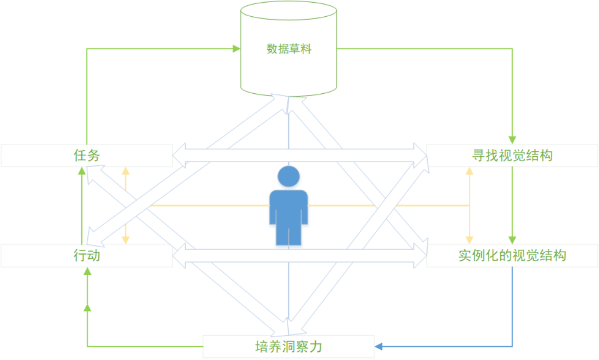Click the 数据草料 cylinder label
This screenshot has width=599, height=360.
click(289, 49)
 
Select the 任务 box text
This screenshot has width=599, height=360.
click(87, 156)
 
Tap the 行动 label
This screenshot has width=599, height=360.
click(87, 255)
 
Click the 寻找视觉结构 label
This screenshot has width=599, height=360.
click(512, 156)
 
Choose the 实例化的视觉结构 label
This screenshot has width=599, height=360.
click(512, 255)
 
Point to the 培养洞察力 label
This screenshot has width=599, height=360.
click(289, 346)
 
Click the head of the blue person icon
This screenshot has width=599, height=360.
click(289, 177)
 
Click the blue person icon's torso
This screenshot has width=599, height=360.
click(289, 209)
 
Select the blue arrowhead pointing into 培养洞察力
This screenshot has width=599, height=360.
click(379, 346)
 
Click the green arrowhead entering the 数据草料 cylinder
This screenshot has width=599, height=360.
click(237, 49)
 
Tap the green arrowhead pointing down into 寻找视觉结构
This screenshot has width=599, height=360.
click(512, 139)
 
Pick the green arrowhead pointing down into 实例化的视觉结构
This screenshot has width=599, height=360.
click(512, 240)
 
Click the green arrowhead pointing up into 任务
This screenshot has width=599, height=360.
click(82, 171)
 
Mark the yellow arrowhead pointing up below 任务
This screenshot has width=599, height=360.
click(126, 170)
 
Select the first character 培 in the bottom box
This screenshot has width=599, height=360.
click(262, 346)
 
